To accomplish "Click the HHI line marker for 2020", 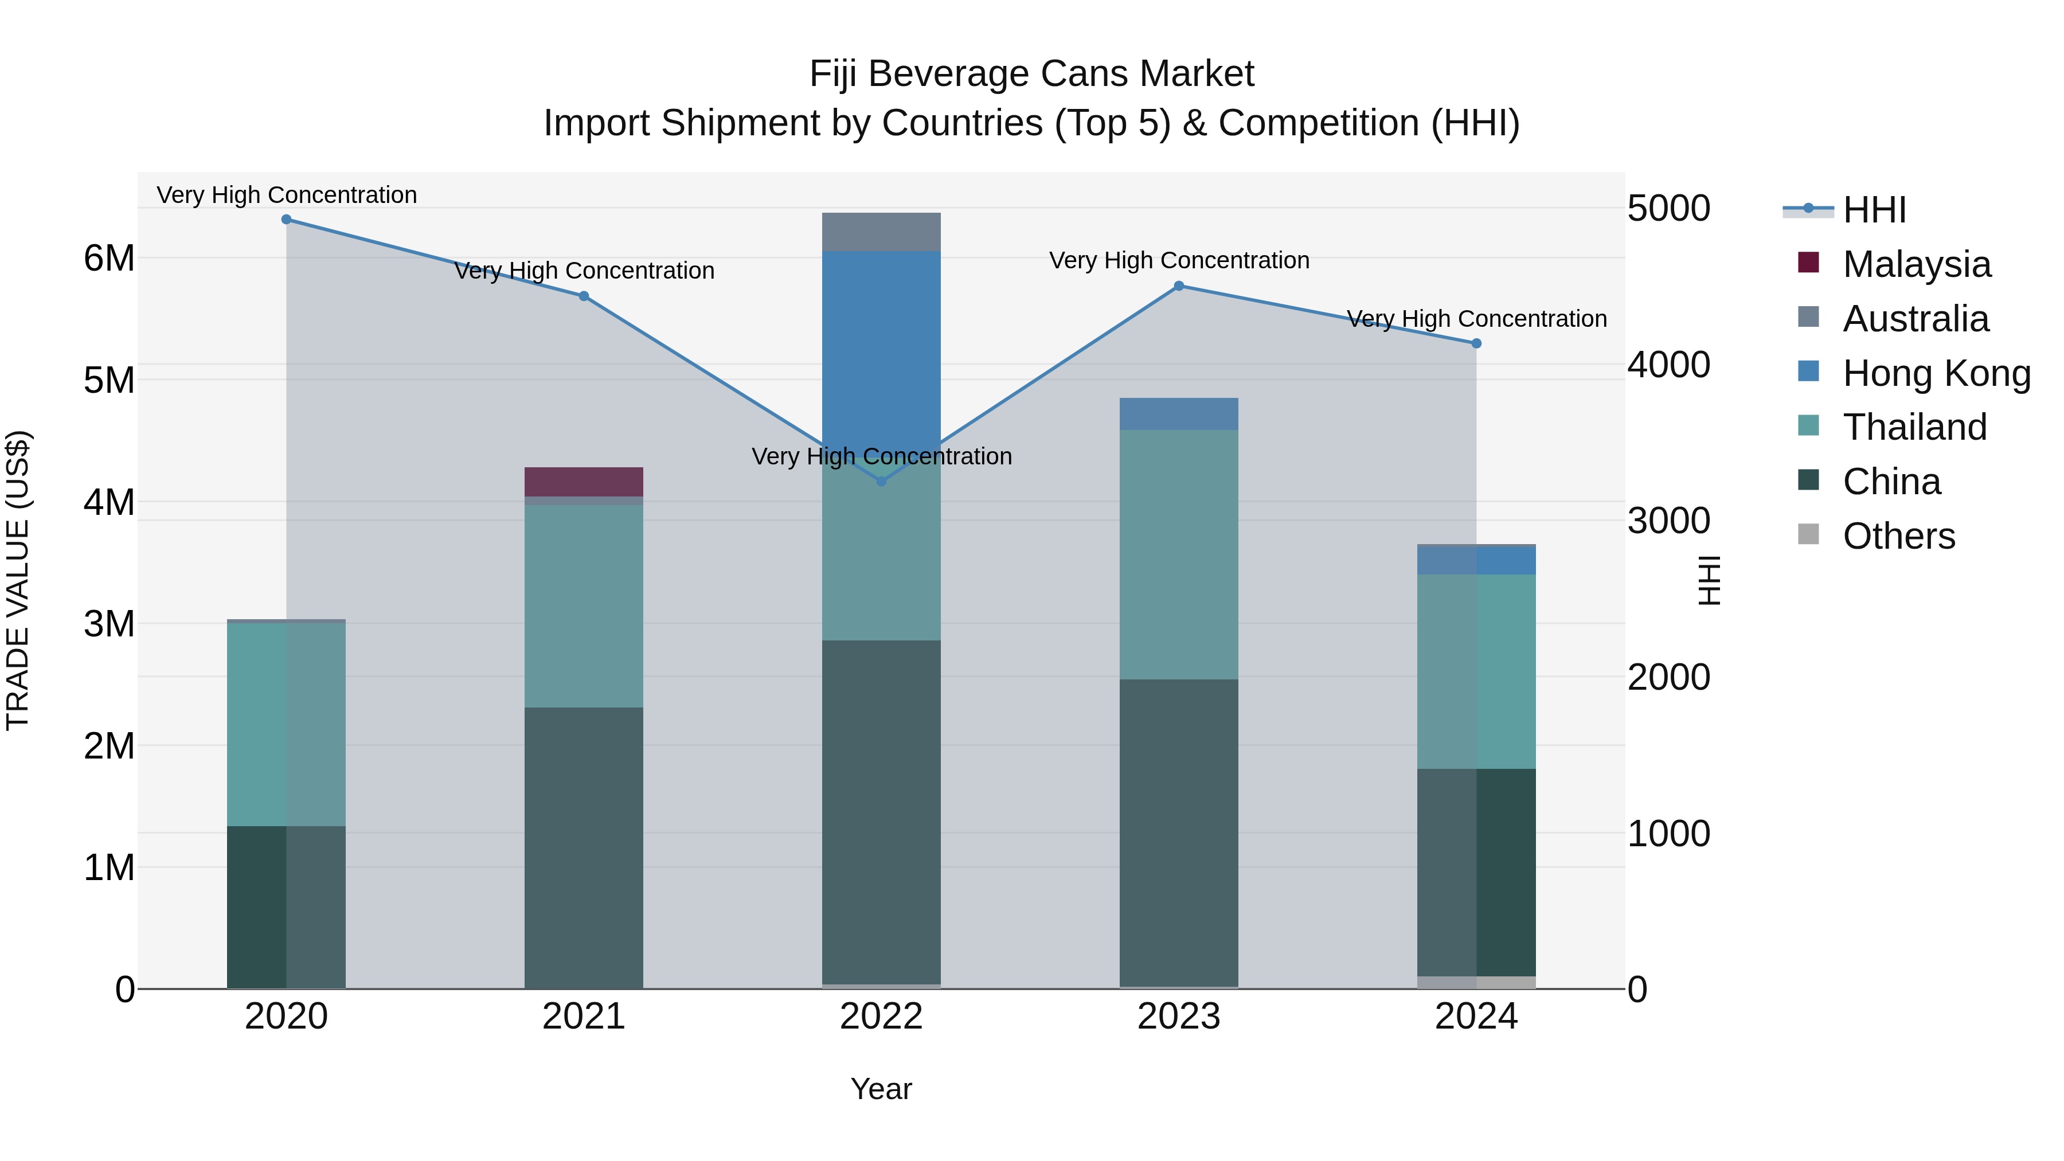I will coord(286,220).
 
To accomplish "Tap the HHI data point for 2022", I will coord(881,482).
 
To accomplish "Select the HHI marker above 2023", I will coord(1179,286).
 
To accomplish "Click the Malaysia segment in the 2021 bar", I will coord(583,482).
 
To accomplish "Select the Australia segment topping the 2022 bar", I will coord(881,232).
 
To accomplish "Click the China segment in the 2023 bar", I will coord(1179,833).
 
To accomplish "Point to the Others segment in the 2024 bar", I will coord(1476,982).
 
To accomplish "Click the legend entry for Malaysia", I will coord(1916,264).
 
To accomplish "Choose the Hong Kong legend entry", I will coord(1936,373).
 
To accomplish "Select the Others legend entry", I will coord(1898,536).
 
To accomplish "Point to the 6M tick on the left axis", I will coord(109,258).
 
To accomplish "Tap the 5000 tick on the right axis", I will coord(1669,208).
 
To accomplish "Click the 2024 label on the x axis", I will coord(1476,1017).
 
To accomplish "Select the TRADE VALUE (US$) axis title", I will coord(18,580).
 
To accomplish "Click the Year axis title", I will coord(881,1089).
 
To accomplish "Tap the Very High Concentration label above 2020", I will coord(286,195).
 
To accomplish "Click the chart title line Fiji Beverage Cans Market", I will coord(1031,74).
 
